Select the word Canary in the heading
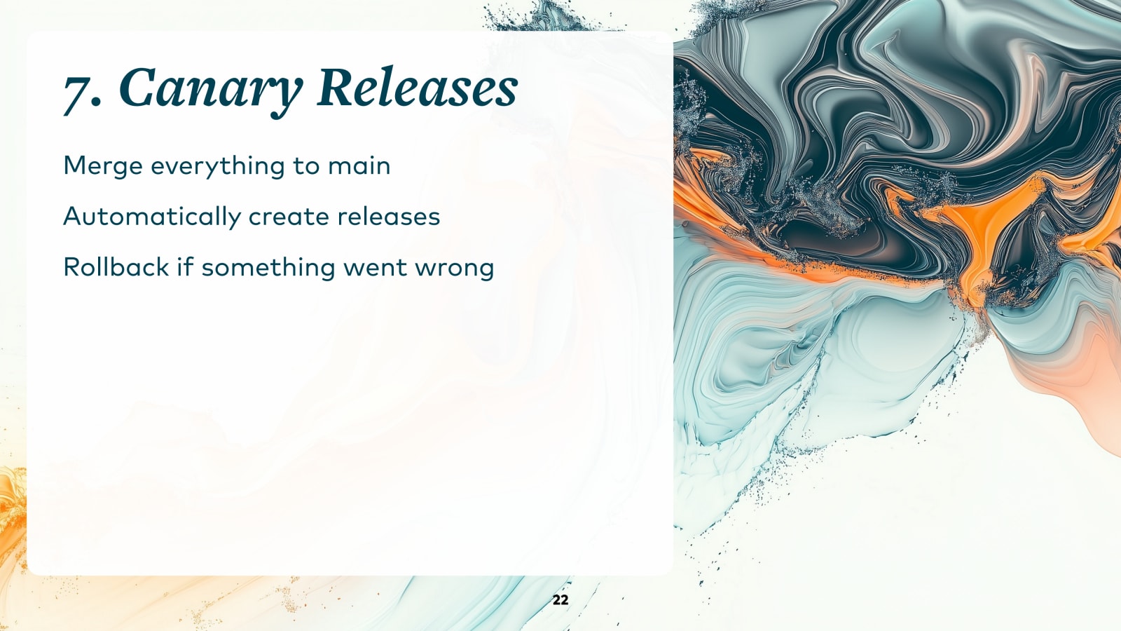click(x=210, y=90)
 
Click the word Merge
click(x=103, y=166)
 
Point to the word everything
click(x=218, y=166)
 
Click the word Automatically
click(x=152, y=217)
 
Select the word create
click(x=289, y=217)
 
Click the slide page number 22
click(x=560, y=599)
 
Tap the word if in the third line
click(x=185, y=267)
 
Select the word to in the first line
click(x=306, y=166)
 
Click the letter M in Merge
click(x=73, y=165)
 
